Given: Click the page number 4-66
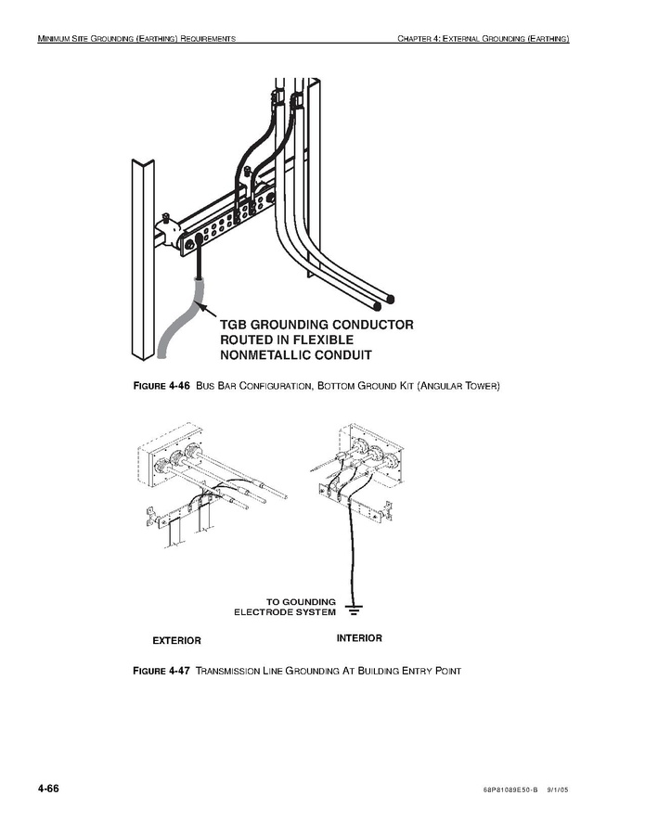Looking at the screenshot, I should pyautogui.click(x=48, y=789).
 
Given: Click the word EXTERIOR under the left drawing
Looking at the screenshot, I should pyautogui.click(x=176, y=640).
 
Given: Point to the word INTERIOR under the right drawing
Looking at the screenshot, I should pyautogui.click(x=359, y=638).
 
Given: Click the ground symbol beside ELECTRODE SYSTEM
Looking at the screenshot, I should pyautogui.click(x=353, y=609).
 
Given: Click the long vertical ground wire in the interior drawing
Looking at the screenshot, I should pyautogui.click(x=349, y=557).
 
